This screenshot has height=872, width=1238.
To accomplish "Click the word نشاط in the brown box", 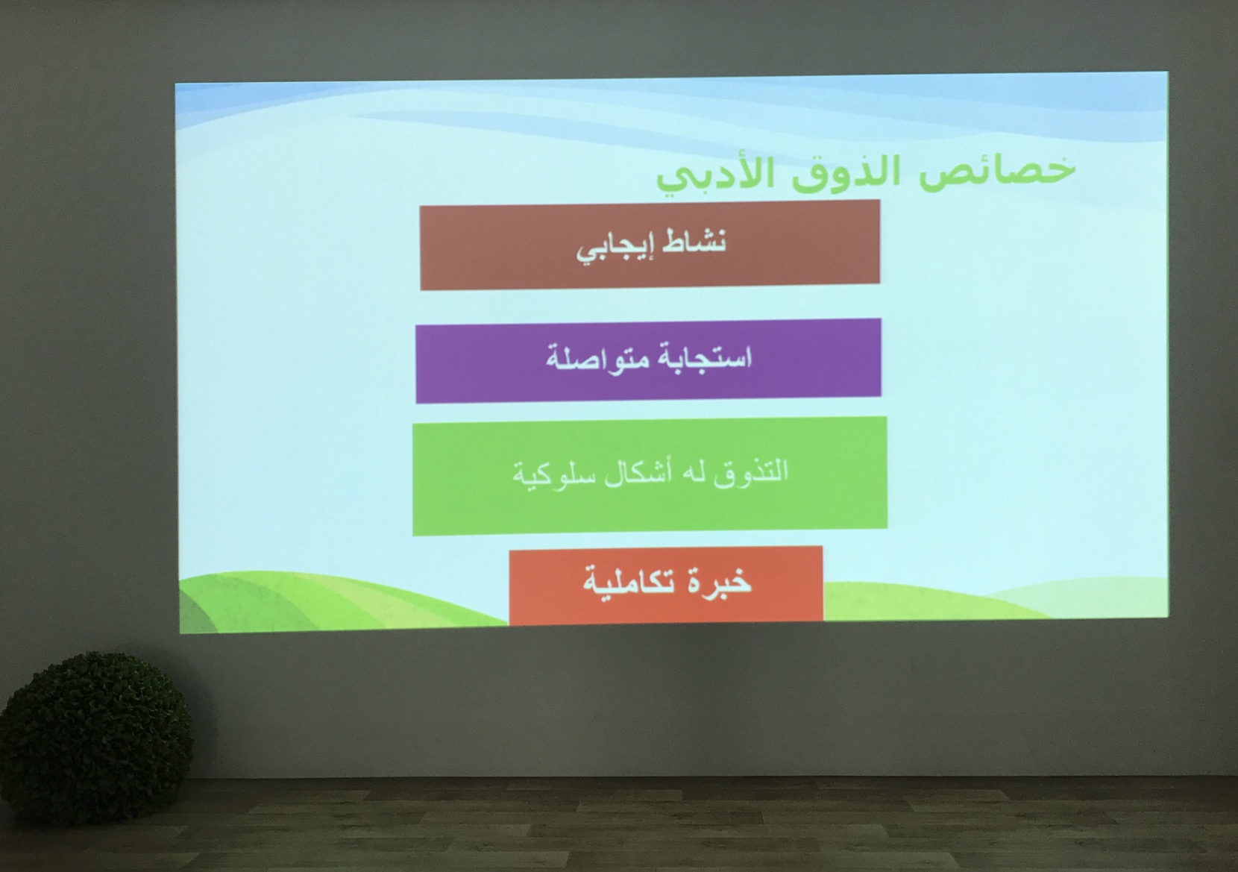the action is (693, 243).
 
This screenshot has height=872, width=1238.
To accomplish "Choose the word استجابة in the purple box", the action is (703, 357).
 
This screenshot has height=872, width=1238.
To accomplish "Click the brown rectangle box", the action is (650, 245).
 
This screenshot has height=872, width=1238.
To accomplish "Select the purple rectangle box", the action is (648, 360).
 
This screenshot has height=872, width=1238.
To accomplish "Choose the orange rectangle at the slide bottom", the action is (666, 585).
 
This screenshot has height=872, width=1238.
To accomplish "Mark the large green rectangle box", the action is (650, 476).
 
